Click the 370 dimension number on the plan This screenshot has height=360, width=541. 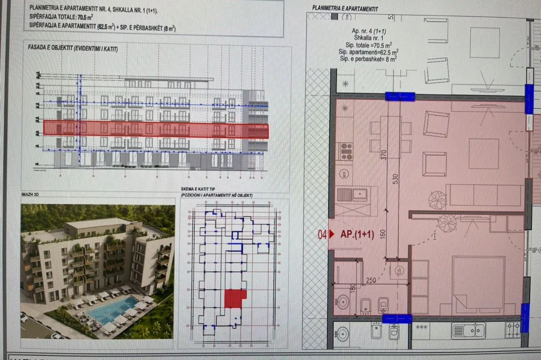coord(385,154)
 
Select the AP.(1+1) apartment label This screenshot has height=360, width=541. coord(357,235)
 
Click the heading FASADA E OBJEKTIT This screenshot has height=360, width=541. coord(73,49)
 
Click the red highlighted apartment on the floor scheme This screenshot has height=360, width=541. coord(235,298)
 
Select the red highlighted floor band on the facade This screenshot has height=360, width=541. coord(155,129)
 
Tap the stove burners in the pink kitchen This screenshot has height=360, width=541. coord(346,150)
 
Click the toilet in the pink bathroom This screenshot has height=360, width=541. coord(343,302)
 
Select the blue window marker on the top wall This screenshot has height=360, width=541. coord(400,96)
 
